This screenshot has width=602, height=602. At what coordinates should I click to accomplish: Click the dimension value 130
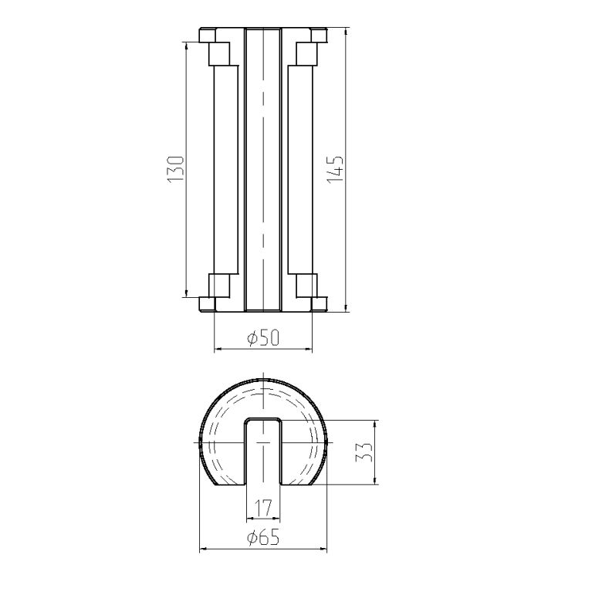point(176,169)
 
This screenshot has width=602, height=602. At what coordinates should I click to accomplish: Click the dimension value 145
point(336,169)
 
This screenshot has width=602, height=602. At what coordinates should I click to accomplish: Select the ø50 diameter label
point(264,338)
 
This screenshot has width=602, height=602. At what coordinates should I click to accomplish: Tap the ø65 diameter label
point(264,538)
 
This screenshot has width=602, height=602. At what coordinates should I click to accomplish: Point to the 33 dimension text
point(364,451)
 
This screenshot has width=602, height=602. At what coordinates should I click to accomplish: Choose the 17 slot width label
point(264,508)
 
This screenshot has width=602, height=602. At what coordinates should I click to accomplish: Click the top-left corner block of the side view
point(208,36)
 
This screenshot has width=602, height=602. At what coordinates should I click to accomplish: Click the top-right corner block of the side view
point(319,36)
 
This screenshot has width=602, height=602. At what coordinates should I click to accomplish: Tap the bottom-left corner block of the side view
point(208,304)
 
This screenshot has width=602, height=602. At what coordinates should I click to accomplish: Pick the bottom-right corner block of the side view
point(319,304)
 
